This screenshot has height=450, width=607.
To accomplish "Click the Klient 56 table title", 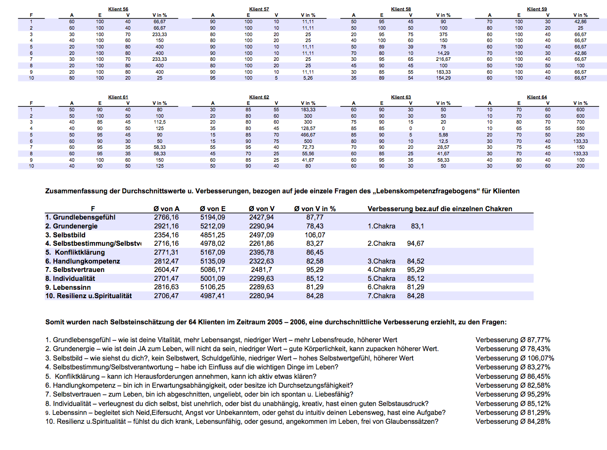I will pos(118,9).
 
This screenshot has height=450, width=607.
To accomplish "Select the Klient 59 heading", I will pos(537,9).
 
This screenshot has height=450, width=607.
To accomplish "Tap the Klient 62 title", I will pos(259,97).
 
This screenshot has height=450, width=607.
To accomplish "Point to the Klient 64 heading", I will pos(537,97).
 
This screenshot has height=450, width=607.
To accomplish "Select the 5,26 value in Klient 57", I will pos(308,78).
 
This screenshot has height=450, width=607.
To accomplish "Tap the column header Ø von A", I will pos(166,209).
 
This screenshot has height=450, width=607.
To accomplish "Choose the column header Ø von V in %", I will pos(315,209).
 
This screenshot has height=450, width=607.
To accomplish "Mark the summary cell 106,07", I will pos(315,235).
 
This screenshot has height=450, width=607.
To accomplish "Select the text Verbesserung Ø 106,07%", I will pos(514,358).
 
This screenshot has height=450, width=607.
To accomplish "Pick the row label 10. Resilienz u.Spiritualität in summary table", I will pos(89,296).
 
